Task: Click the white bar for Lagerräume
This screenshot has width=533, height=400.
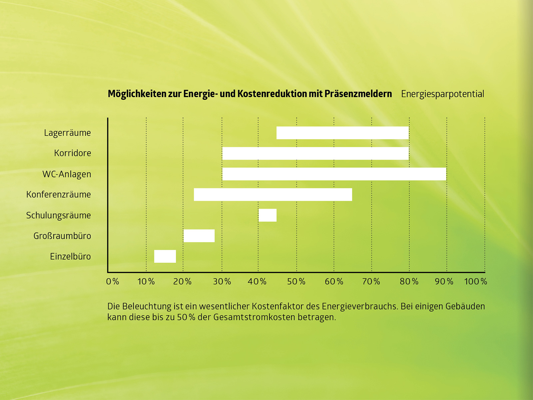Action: (x=342, y=133)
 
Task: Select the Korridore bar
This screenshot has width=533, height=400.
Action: (x=315, y=153)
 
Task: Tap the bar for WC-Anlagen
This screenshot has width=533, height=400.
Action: (x=334, y=174)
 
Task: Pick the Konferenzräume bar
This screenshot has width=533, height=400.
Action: (x=273, y=195)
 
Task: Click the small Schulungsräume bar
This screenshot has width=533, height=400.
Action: (x=267, y=215)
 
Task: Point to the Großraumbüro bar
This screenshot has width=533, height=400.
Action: (x=199, y=236)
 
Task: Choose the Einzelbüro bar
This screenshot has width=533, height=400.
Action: (x=165, y=256)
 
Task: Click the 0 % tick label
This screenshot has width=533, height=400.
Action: (x=113, y=282)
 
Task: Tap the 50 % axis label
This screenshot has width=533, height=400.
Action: (x=296, y=282)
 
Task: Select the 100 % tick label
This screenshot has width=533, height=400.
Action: (x=476, y=282)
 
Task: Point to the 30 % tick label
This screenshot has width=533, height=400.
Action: (x=222, y=282)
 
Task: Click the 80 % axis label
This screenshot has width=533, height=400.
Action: (x=409, y=282)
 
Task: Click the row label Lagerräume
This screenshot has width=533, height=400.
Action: (x=67, y=133)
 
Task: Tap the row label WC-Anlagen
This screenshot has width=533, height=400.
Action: (x=67, y=174)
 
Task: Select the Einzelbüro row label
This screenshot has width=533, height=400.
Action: (x=70, y=257)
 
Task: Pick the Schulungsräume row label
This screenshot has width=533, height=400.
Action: (x=58, y=215)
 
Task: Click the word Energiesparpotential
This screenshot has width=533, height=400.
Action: (x=442, y=94)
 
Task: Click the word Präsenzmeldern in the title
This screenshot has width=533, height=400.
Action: (x=358, y=94)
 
